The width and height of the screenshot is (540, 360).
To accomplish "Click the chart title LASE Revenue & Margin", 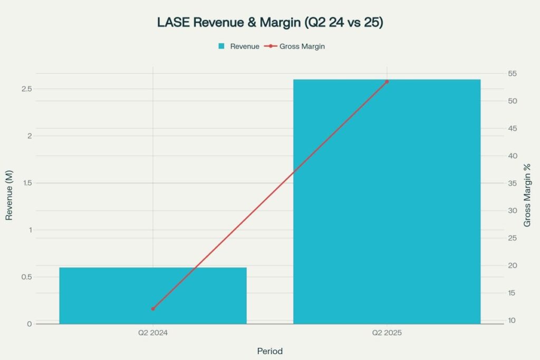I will pyautogui.click(x=270, y=23).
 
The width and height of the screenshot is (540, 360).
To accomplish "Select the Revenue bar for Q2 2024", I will pyautogui.click(x=152, y=295).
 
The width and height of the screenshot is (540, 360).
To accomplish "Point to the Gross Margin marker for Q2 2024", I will pyautogui.click(x=153, y=309).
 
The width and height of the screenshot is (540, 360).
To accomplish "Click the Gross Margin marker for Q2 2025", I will pyautogui.click(x=387, y=82).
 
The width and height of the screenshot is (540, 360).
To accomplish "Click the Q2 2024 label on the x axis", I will pyautogui.click(x=152, y=333).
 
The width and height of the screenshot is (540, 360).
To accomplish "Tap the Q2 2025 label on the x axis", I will pyautogui.click(x=387, y=333).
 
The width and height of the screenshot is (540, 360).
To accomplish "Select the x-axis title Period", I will pyautogui.click(x=269, y=351).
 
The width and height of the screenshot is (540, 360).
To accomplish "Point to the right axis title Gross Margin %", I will pyautogui.click(x=527, y=196).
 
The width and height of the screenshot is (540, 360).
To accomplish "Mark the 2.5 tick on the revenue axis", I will pyautogui.click(x=26, y=89).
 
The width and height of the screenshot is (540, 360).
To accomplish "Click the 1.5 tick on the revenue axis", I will pyautogui.click(x=26, y=183).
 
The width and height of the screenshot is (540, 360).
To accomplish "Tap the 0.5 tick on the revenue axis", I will pyautogui.click(x=26, y=277).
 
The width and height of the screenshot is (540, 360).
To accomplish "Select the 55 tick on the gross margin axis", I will pyautogui.click(x=512, y=74).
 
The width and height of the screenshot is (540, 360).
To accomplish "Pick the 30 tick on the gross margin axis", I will pyautogui.click(x=512, y=211).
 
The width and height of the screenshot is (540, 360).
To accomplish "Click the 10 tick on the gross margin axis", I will pyautogui.click(x=512, y=320).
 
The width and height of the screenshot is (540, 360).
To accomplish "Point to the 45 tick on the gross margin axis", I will pyautogui.click(x=512, y=129).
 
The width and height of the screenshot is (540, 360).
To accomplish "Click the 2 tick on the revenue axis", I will pyautogui.click(x=30, y=136).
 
